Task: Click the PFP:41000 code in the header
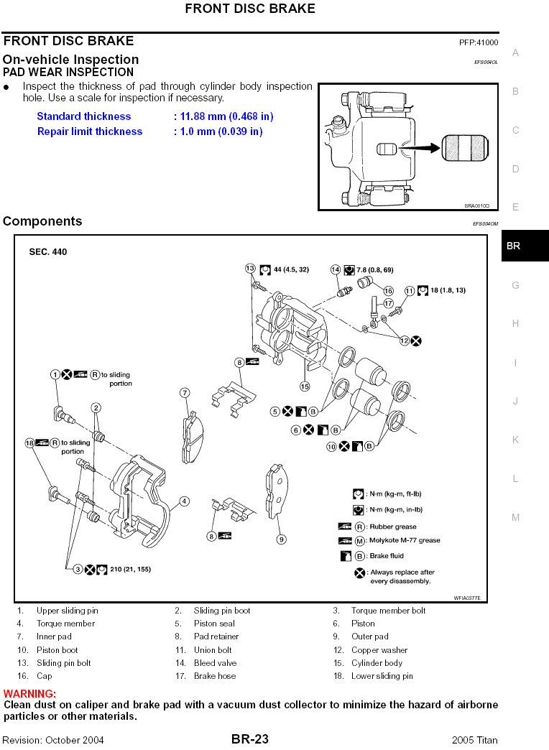[x=479, y=42]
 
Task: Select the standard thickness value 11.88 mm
[x=223, y=116]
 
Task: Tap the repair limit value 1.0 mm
[x=218, y=131]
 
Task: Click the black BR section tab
[x=525, y=246]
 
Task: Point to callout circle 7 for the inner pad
[x=185, y=393]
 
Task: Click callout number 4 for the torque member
[x=184, y=501]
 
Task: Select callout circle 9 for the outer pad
[x=282, y=539]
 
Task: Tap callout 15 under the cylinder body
[x=304, y=386]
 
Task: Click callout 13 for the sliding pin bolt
[x=250, y=269]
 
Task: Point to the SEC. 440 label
[x=48, y=252]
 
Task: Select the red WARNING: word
[x=29, y=694]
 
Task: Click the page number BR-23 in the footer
[x=250, y=739]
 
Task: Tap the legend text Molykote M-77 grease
[x=404, y=540]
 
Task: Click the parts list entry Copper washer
[x=379, y=650]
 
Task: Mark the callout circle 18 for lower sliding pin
[x=29, y=443]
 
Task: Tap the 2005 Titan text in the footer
[x=474, y=740]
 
